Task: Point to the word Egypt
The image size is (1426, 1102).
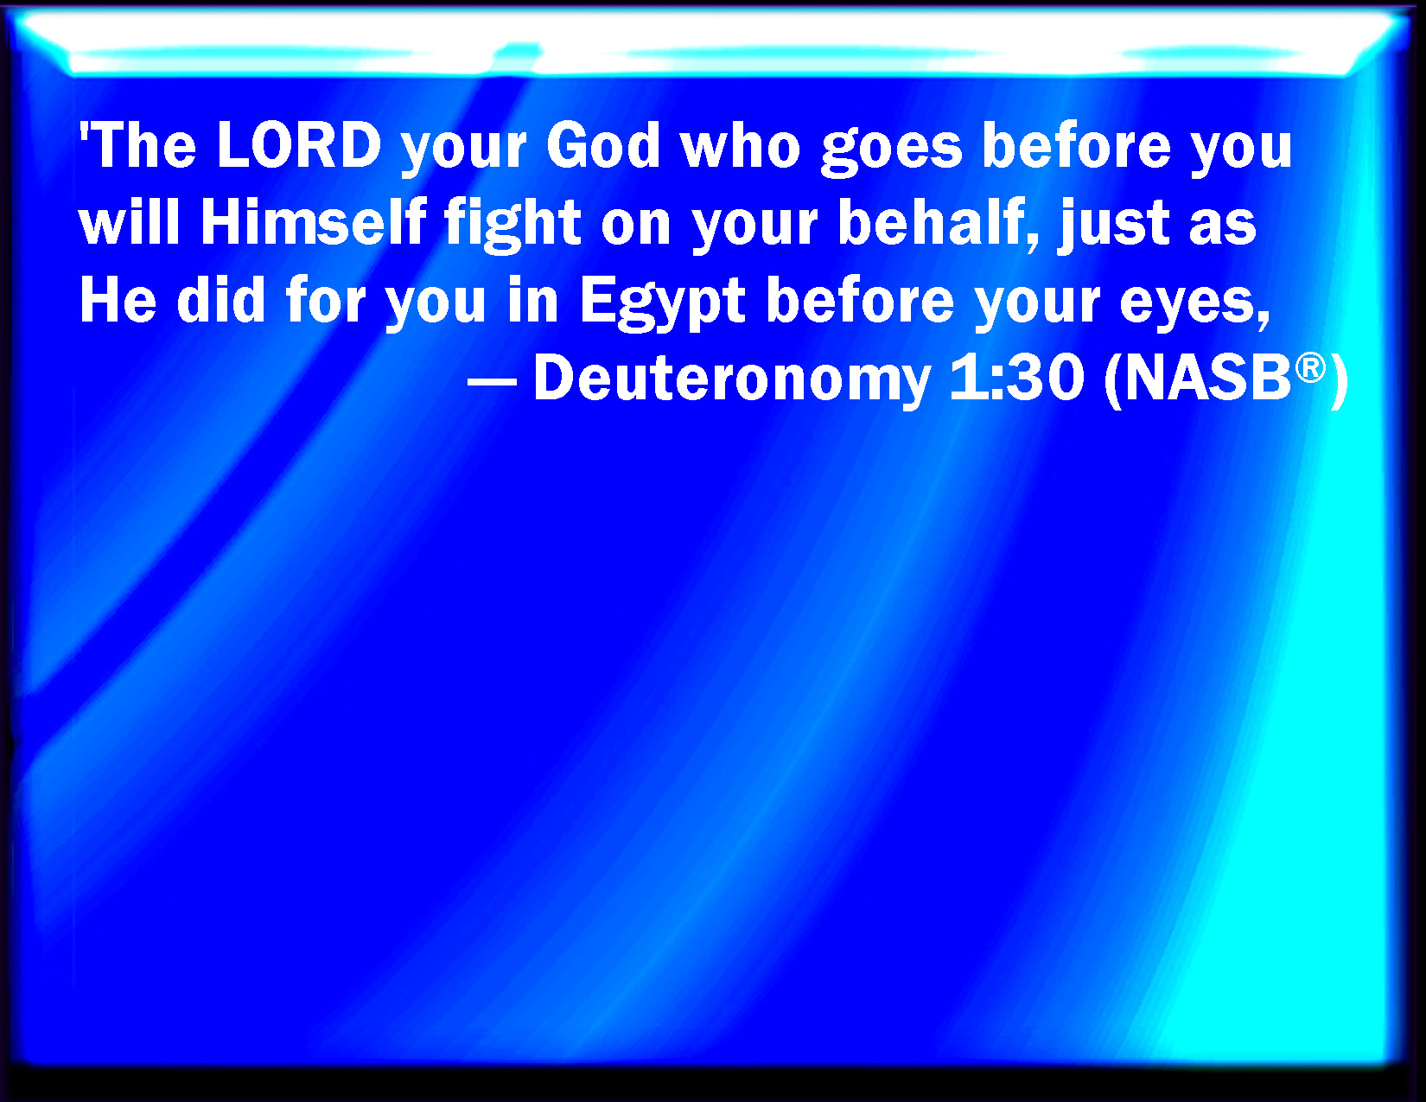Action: tap(662, 303)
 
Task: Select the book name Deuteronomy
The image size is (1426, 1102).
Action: tap(732, 379)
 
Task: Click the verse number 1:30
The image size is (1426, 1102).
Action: tap(1016, 377)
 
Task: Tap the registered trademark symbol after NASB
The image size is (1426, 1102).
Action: tap(1311, 366)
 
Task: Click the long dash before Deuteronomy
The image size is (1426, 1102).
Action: tap(492, 382)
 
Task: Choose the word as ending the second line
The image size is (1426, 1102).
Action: tap(1222, 226)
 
